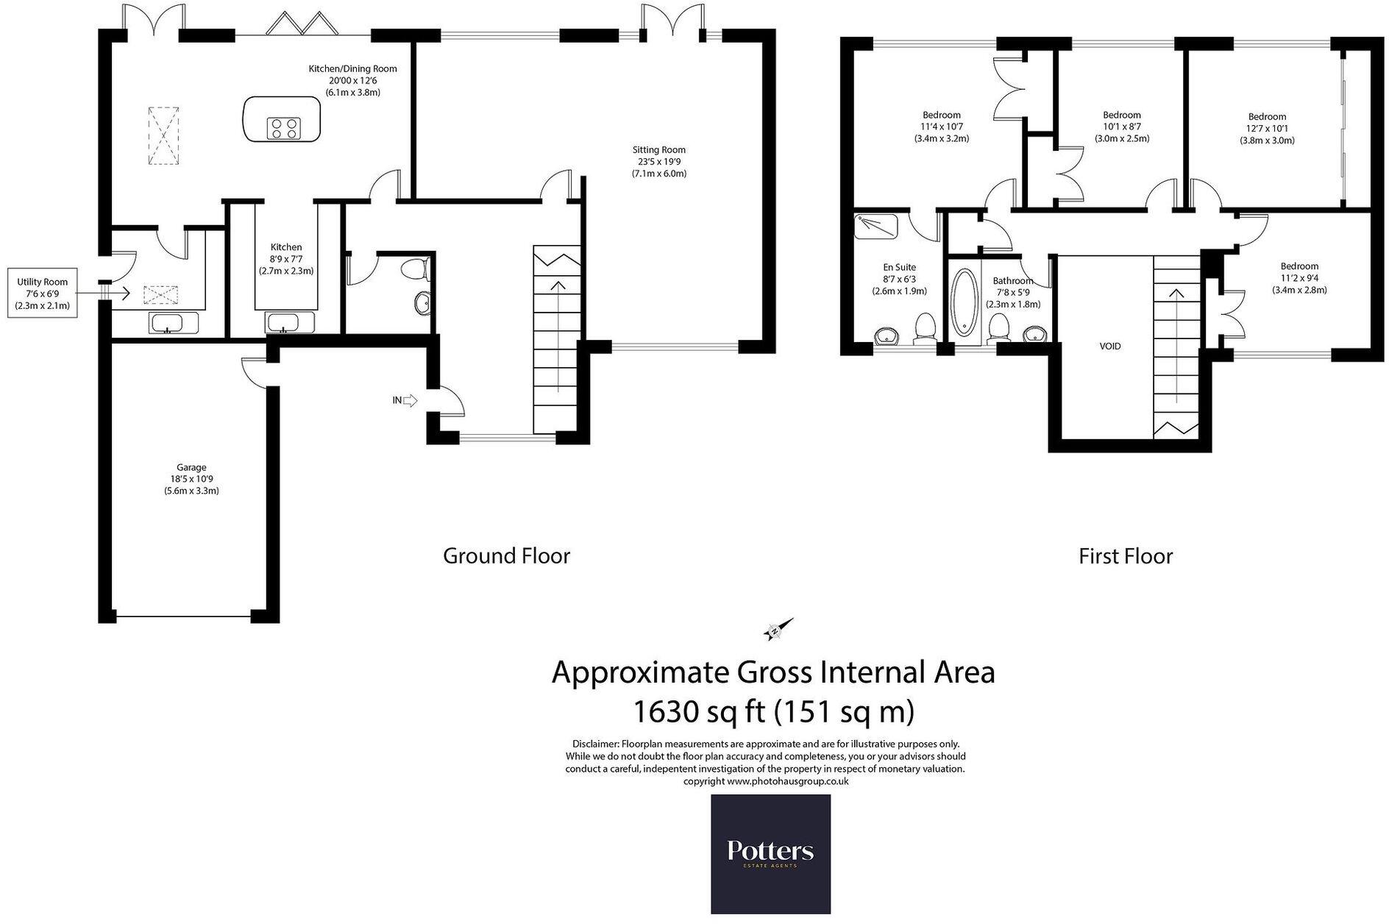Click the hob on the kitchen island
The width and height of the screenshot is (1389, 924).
click(283, 129)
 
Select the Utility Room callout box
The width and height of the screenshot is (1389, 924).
click(43, 293)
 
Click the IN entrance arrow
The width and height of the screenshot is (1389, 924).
click(405, 400)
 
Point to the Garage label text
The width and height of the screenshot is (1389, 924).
click(191, 478)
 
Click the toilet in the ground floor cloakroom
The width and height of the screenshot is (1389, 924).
click(416, 269)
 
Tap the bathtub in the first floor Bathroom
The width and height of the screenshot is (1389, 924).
click(964, 304)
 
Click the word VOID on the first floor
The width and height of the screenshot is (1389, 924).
click(1109, 346)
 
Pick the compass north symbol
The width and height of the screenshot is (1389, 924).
click(778, 630)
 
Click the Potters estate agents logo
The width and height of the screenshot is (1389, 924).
click(770, 853)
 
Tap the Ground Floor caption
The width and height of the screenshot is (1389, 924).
click(506, 555)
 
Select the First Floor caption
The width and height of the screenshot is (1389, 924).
click(1125, 556)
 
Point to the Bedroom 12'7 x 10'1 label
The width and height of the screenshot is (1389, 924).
click(1267, 128)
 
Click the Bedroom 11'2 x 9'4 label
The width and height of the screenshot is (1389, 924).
click(1299, 278)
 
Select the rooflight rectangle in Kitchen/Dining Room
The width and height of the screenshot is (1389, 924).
click(163, 136)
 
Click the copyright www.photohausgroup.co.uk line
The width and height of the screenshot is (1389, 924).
click(765, 781)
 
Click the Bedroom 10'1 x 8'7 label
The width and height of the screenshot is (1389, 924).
click(1121, 127)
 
